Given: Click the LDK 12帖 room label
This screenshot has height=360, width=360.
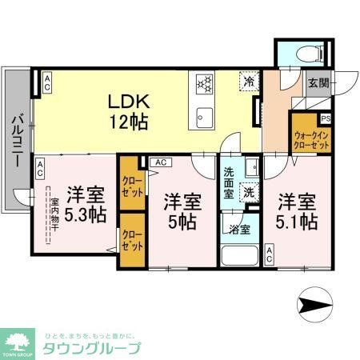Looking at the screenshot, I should (x=127, y=112).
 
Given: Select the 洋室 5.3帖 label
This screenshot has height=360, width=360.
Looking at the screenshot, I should (x=85, y=205).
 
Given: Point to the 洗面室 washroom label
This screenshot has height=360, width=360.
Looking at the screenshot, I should (x=228, y=182).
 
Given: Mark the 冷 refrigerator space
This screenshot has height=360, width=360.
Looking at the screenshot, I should (x=250, y=82).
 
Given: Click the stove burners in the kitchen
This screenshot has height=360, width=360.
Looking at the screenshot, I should (x=202, y=83).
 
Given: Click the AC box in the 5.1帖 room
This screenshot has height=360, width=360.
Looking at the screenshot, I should (x=270, y=256).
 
